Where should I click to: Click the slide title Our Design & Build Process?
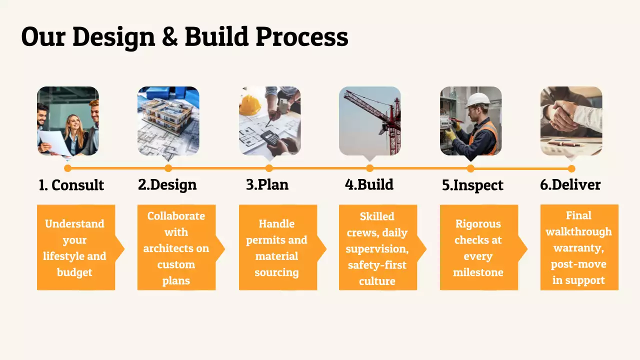(x=184, y=36)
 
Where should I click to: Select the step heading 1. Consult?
(x=71, y=185)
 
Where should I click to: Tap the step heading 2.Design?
(x=167, y=184)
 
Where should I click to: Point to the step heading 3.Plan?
(x=267, y=184)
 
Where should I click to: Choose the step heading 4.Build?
(x=369, y=184)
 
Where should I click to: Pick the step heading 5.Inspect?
(x=472, y=185)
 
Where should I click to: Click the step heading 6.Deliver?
(x=570, y=184)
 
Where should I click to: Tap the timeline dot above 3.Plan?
(x=269, y=168)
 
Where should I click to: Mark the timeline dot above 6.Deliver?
(x=571, y=168)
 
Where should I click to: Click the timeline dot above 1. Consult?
(x=68, y=168)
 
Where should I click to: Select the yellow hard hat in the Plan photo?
(x=250, y=104)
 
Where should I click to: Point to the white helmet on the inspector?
(x=477, y=99)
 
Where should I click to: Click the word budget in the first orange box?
(x=74, y=272)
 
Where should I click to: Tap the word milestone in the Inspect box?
(x=478, y=272)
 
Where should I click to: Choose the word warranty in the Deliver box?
(x=578, y=248)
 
